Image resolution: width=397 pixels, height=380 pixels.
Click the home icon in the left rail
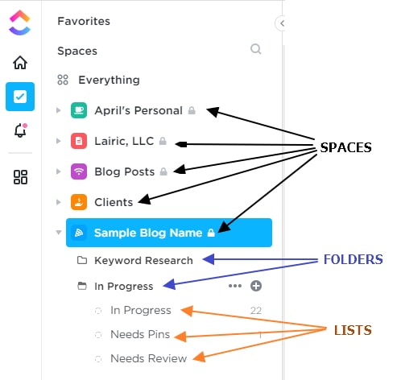click(x=20, y=63)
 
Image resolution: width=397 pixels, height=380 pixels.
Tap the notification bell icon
click(x=20, y=130)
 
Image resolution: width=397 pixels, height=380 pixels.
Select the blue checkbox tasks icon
click(x=20, y=97)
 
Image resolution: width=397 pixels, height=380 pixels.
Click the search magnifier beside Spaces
click(x=256, y=49)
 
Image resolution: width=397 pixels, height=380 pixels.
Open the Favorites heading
click(x=84, y=21)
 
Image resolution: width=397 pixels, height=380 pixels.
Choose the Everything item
click(x=109, y=80)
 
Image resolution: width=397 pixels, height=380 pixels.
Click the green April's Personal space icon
click(x=79, y=110)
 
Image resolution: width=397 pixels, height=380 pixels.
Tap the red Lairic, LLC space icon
click(x=79, y=141)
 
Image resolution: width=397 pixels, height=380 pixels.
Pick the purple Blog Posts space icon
click(x=79, y=171)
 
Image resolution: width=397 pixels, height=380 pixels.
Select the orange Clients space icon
click(x=79, y=202)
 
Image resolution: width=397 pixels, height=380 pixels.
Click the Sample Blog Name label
click(x=148, y=233)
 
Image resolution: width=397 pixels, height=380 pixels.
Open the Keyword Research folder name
click(x=143, y=261)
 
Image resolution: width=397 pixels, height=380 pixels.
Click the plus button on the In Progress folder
click(x=256, y=286)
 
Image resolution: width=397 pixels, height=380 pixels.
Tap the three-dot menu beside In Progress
click(x=235, y=286)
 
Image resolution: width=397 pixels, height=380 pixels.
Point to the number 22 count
click(x=256, y=311)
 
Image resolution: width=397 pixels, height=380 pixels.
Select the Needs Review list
click(x=149, y=358)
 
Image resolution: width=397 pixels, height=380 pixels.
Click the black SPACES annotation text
click(x=346, y=147)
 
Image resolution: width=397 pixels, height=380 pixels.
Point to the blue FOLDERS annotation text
click(x=354, y=259)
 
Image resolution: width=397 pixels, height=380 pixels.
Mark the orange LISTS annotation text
click(x=353, y=330)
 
